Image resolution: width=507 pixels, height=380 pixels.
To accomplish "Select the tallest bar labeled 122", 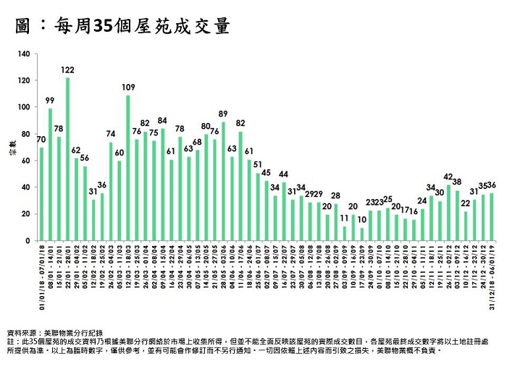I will pyautogui.click(x=67, y=159).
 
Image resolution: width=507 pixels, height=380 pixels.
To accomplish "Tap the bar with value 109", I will pyautogui.click(x=128, y=168).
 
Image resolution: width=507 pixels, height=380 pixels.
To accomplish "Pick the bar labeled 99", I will pyautogui.click(x=50, y=174).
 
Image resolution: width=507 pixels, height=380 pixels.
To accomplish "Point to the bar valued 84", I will pyautogui.click(x=162, y=185).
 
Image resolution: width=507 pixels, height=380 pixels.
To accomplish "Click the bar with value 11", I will pyautogui.click(x=344, y=233).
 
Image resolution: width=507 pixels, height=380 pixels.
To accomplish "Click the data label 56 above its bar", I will pyautogui.click(x=85, y=159).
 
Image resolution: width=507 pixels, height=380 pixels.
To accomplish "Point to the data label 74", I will pyautogui.click(x=111, y=135).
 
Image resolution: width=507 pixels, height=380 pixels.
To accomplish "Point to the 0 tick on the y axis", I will pyautogui.click(x=29, y=240).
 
